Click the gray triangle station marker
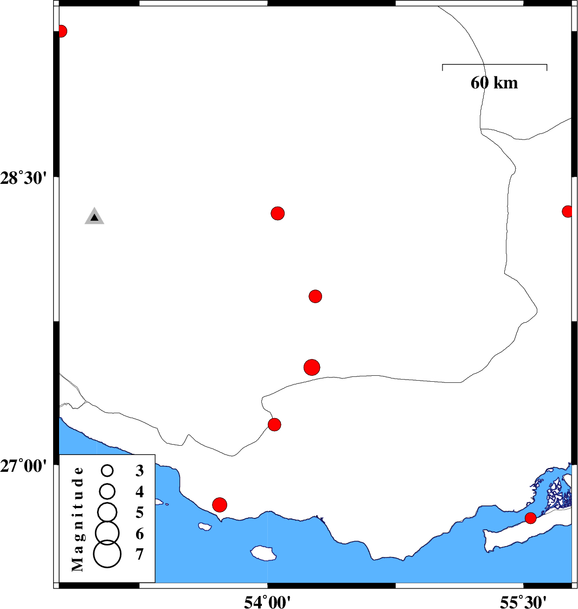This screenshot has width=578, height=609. tap(94, 216)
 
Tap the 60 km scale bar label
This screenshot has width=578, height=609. tap(494, 83)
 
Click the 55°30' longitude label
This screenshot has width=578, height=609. tap(523, 600)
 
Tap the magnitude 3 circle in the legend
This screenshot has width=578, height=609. tap(107, 470)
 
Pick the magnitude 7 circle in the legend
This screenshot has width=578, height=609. tap(107, 554)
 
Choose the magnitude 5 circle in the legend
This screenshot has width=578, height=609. tap(107, 511)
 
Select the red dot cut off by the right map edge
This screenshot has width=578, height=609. tap(567, 211)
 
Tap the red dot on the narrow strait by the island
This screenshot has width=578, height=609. tap(530, 518)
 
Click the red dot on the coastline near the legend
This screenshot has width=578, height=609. tap(220, 505)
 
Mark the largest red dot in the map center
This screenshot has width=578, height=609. tap(312, 367)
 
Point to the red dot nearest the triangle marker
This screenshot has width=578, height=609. tap(278, 213)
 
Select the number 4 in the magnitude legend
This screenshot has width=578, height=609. tap(140, 492)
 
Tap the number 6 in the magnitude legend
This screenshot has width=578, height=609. tap(140, 534)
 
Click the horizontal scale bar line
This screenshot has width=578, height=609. tap(494, 65)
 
